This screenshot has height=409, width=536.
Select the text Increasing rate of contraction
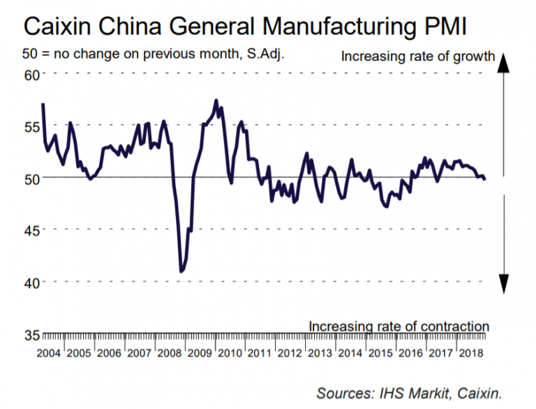coord(399,326)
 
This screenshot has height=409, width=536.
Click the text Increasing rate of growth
coord(417,57)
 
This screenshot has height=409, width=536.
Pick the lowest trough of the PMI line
coord(181,271)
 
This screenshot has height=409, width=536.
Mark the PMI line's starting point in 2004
coord(43,104)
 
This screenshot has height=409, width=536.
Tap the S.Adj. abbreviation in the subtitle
coord(269,52)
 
